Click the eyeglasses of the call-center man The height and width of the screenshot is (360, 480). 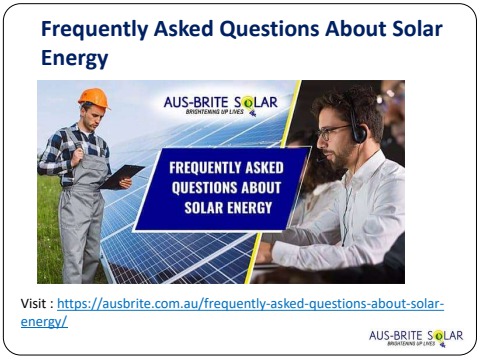coord(333,130)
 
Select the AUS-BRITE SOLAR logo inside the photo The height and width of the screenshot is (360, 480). coord(220,104)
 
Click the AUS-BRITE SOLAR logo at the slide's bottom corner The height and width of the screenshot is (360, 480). coord(416,337)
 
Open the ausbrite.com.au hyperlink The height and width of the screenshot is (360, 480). coord(250,303)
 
